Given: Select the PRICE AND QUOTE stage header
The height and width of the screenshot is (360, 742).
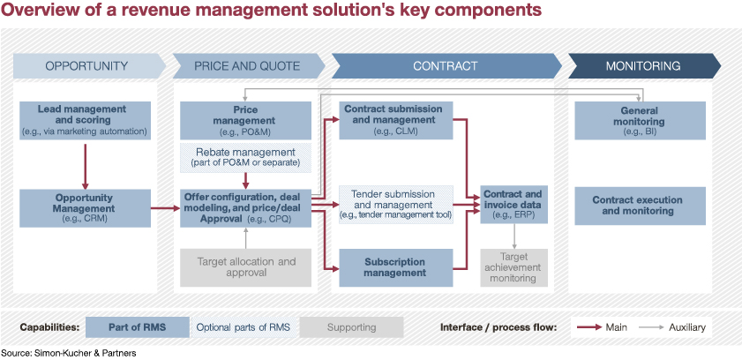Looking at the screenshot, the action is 249,66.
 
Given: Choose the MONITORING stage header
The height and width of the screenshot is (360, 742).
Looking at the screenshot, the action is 644,66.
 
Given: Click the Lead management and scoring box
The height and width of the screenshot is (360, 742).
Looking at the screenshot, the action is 86,120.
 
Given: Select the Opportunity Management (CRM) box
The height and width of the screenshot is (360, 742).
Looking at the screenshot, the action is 86,208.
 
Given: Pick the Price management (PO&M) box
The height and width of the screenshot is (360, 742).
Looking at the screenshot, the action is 245,120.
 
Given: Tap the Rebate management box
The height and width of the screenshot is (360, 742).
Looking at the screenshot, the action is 245,158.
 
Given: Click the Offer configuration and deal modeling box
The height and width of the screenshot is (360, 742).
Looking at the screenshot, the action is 245,208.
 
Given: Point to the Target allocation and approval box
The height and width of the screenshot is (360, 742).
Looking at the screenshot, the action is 245,267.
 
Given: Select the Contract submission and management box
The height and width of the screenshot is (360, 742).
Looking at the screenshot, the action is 396,120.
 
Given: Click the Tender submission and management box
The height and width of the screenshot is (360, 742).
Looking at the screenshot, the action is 396,205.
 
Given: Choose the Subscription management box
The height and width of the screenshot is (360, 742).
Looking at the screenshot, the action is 396,267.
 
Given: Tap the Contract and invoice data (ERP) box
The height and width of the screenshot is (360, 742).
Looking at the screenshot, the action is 513,205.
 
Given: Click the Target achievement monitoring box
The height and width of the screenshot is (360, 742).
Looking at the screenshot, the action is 513,267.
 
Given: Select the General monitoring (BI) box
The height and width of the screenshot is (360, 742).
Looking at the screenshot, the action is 640,120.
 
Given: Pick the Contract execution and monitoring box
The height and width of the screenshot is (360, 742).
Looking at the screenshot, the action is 640,206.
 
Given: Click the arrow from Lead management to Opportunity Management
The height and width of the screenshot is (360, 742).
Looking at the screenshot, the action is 86,166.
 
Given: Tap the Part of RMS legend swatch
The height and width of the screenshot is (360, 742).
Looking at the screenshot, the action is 138,327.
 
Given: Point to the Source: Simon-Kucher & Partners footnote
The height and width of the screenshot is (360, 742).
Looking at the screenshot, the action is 69,353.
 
